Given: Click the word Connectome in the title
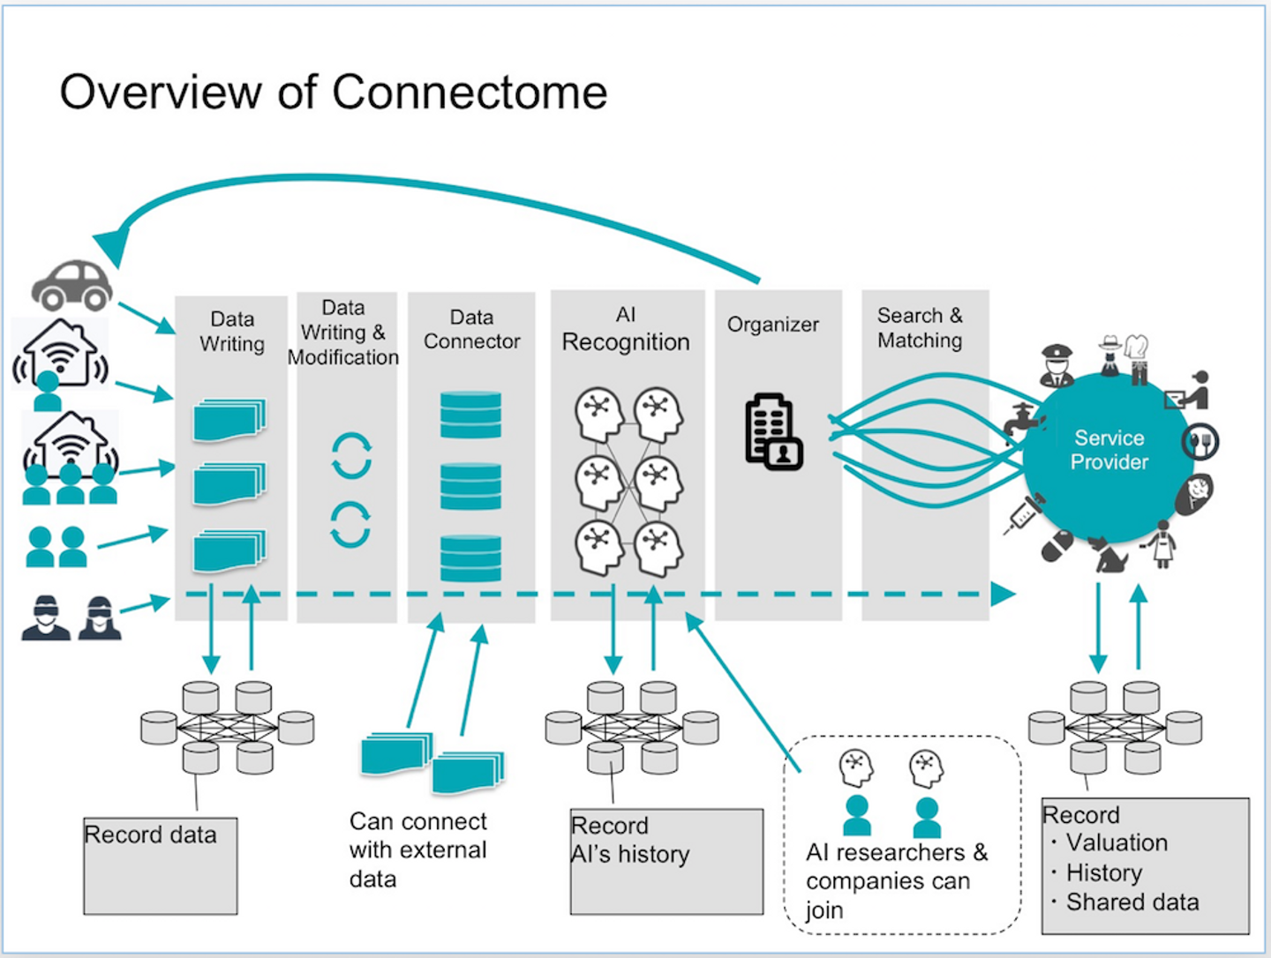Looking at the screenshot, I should [470, 92].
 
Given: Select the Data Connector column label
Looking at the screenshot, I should [471, 329].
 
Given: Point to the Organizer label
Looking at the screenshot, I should [772, 325].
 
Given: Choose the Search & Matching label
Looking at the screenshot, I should [920, 328].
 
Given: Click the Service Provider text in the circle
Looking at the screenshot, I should [1109, 450].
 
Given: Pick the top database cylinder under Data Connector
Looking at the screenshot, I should [470, 415].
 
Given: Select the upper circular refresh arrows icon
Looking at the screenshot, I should [351, 455].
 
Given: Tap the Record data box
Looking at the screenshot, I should [160, 865].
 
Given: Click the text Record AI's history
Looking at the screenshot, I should [629, 840].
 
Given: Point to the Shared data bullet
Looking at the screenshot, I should [1132, 902].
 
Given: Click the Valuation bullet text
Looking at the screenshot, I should [1116, 842].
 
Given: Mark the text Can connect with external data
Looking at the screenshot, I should [417, 849].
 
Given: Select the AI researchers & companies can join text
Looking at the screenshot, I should [895, 880].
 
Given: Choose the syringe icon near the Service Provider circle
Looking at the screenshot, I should [1024, 514].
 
